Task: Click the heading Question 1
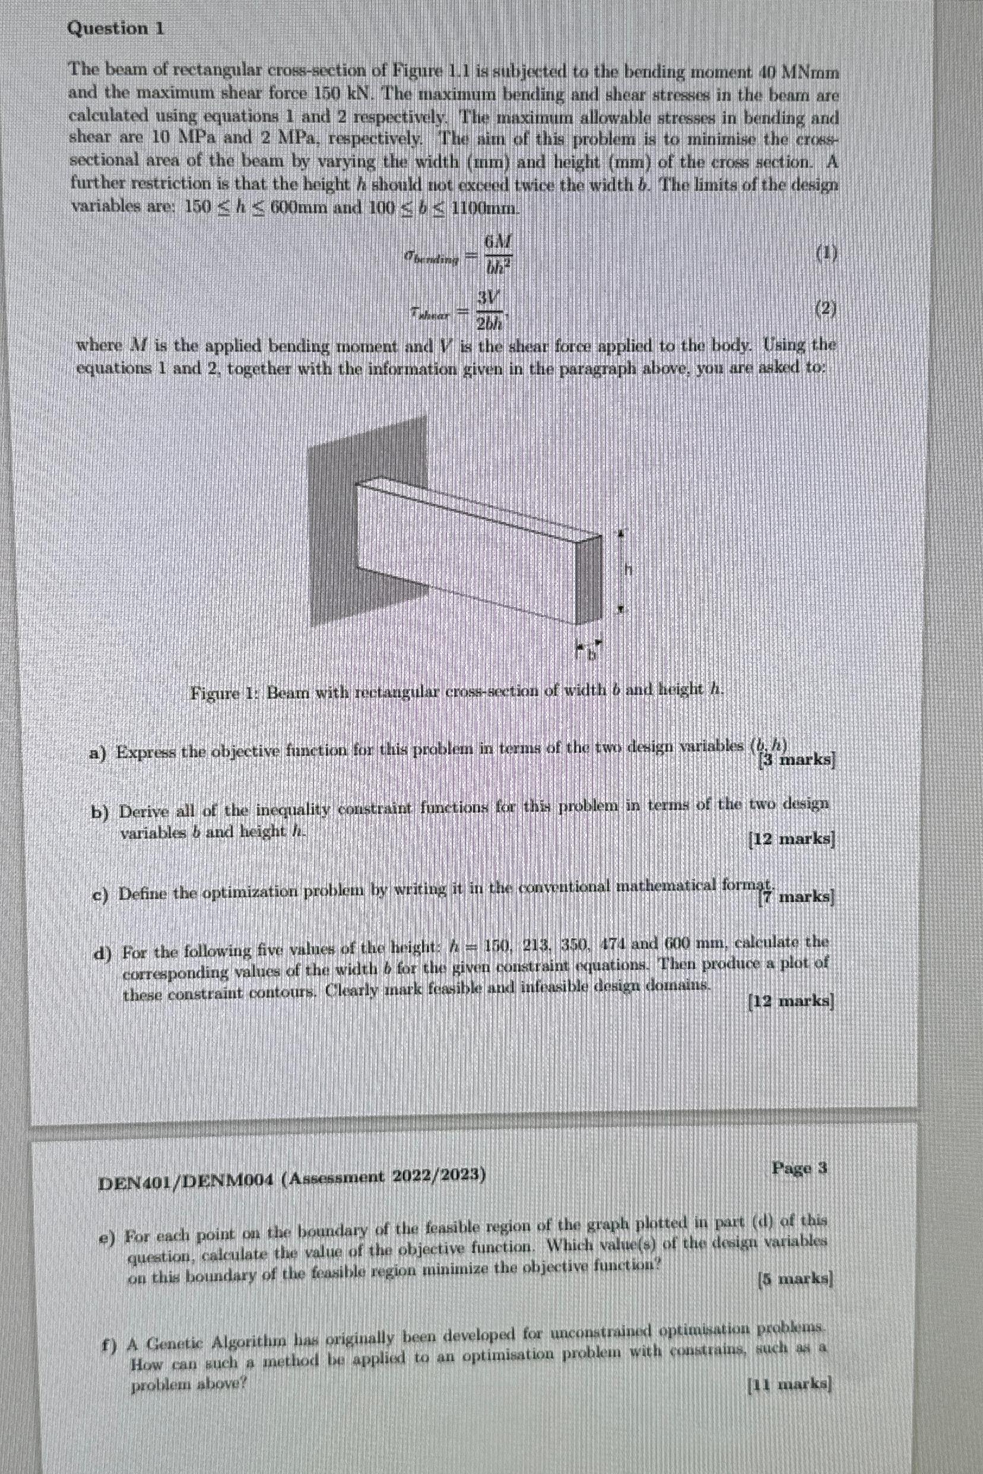(116, 28)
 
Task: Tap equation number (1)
(827, 253)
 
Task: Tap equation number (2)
(827, 309)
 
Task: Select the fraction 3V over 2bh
(490, 309)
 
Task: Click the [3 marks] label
(797, 760)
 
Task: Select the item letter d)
(102, 953)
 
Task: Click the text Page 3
(800, 1168)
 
